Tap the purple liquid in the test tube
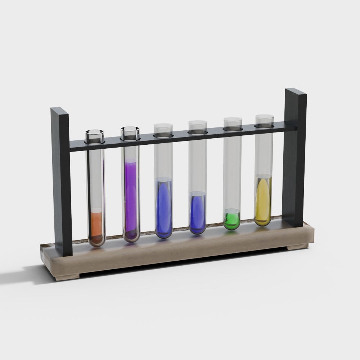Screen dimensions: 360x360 [130, 194]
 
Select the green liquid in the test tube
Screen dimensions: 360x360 [232, 220]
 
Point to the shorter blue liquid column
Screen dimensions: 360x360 [197, 212]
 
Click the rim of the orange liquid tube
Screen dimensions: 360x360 [95, 132]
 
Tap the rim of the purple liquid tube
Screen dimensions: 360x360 [130, 129]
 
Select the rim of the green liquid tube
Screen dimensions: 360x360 [232, 120]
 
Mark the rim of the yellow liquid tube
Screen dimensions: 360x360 [264, 117]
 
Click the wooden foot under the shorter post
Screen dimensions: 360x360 [67, 276]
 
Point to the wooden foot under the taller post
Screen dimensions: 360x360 [297, 247]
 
